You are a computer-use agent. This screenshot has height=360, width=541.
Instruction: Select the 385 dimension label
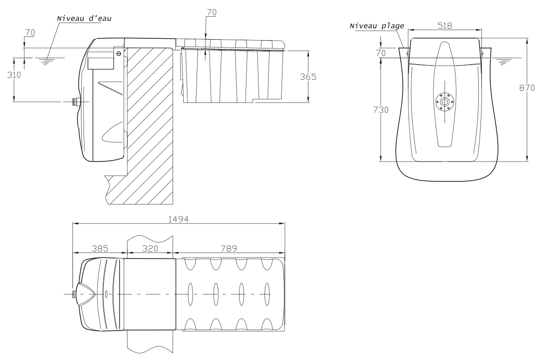[100, 248]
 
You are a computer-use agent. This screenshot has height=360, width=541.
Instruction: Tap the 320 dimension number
[150, 248]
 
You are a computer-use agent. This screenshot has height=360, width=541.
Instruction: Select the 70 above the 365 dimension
[211, 13]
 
